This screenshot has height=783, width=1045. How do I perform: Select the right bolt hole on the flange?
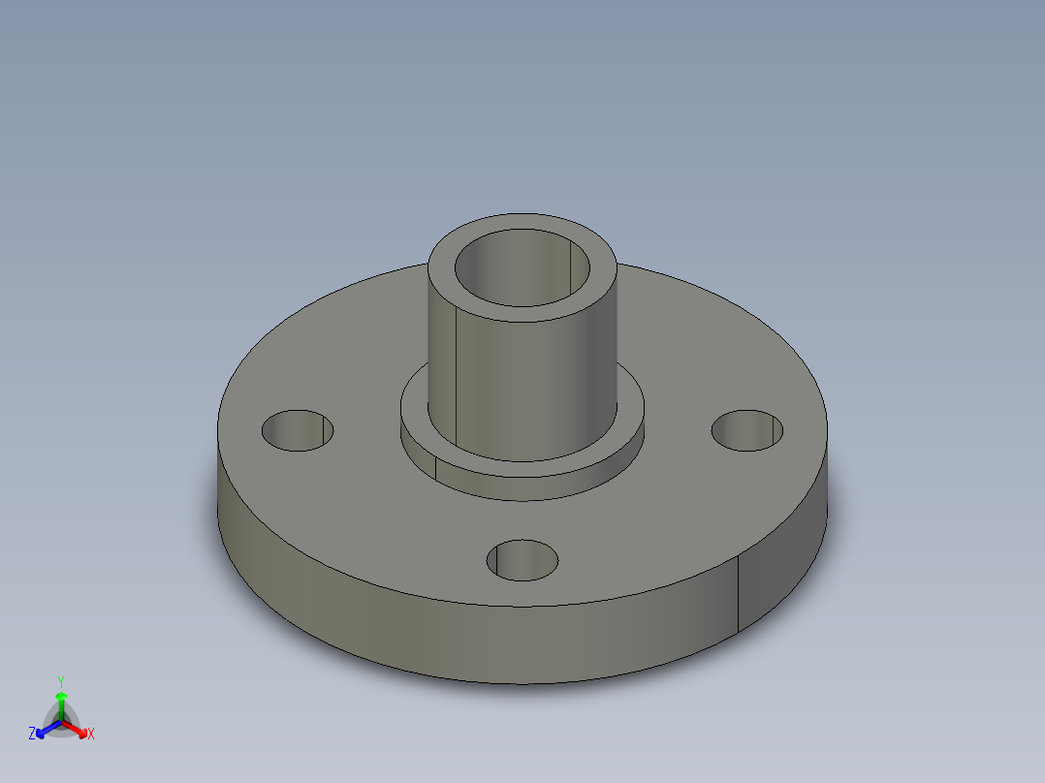[747, 430]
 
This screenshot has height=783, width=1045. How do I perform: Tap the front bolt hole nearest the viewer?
[522, 560]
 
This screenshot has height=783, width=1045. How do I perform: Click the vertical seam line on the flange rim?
[739, 592]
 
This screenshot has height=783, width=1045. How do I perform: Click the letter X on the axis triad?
[91, 735]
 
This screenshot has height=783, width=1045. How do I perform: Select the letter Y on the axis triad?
[61, 681]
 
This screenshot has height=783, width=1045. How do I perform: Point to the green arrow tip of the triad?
[61, 696]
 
